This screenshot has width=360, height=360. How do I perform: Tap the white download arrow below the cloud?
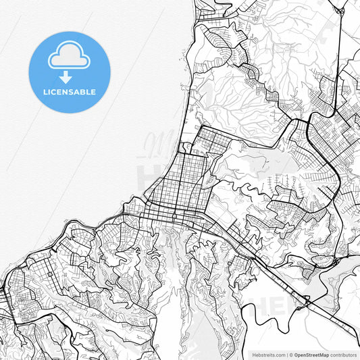66,78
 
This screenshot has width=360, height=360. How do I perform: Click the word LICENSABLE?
69,92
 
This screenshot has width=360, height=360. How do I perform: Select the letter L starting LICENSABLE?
44,92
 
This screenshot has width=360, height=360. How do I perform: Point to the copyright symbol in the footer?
291,355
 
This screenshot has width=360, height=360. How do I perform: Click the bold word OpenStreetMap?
311,355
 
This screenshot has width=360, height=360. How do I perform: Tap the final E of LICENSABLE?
93,92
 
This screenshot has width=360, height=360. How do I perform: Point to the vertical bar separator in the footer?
286,355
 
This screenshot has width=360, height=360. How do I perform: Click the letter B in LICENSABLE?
83,92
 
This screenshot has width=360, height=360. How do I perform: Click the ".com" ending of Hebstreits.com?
278,355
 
